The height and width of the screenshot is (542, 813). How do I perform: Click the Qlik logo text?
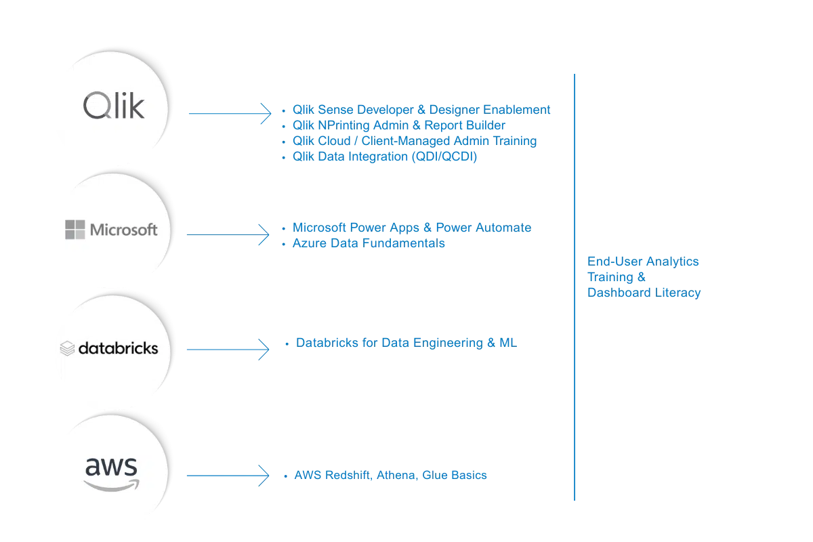click(114, 106)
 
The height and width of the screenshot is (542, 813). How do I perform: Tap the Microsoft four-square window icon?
click(75, 230)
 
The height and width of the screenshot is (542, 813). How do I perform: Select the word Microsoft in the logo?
click(123, 230)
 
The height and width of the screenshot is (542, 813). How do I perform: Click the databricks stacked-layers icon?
click(67, 349)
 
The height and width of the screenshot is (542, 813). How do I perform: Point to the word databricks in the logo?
click(118, 348)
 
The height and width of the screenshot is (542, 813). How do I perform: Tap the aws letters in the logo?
click(111, 467)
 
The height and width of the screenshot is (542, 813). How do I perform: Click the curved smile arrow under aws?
click(112, 484)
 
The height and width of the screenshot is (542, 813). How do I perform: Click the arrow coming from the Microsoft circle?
click(228, 235)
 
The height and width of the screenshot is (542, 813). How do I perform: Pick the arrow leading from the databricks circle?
click(228, 350)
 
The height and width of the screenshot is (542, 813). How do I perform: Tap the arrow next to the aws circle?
click(228, 475)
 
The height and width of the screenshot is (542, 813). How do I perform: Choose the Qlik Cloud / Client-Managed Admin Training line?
click(414, 141)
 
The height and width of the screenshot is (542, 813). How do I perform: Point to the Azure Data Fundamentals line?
click(370, 243)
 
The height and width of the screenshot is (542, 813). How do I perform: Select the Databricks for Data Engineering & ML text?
click(406, 343)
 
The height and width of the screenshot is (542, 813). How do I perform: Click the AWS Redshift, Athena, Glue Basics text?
click(390, 476)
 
